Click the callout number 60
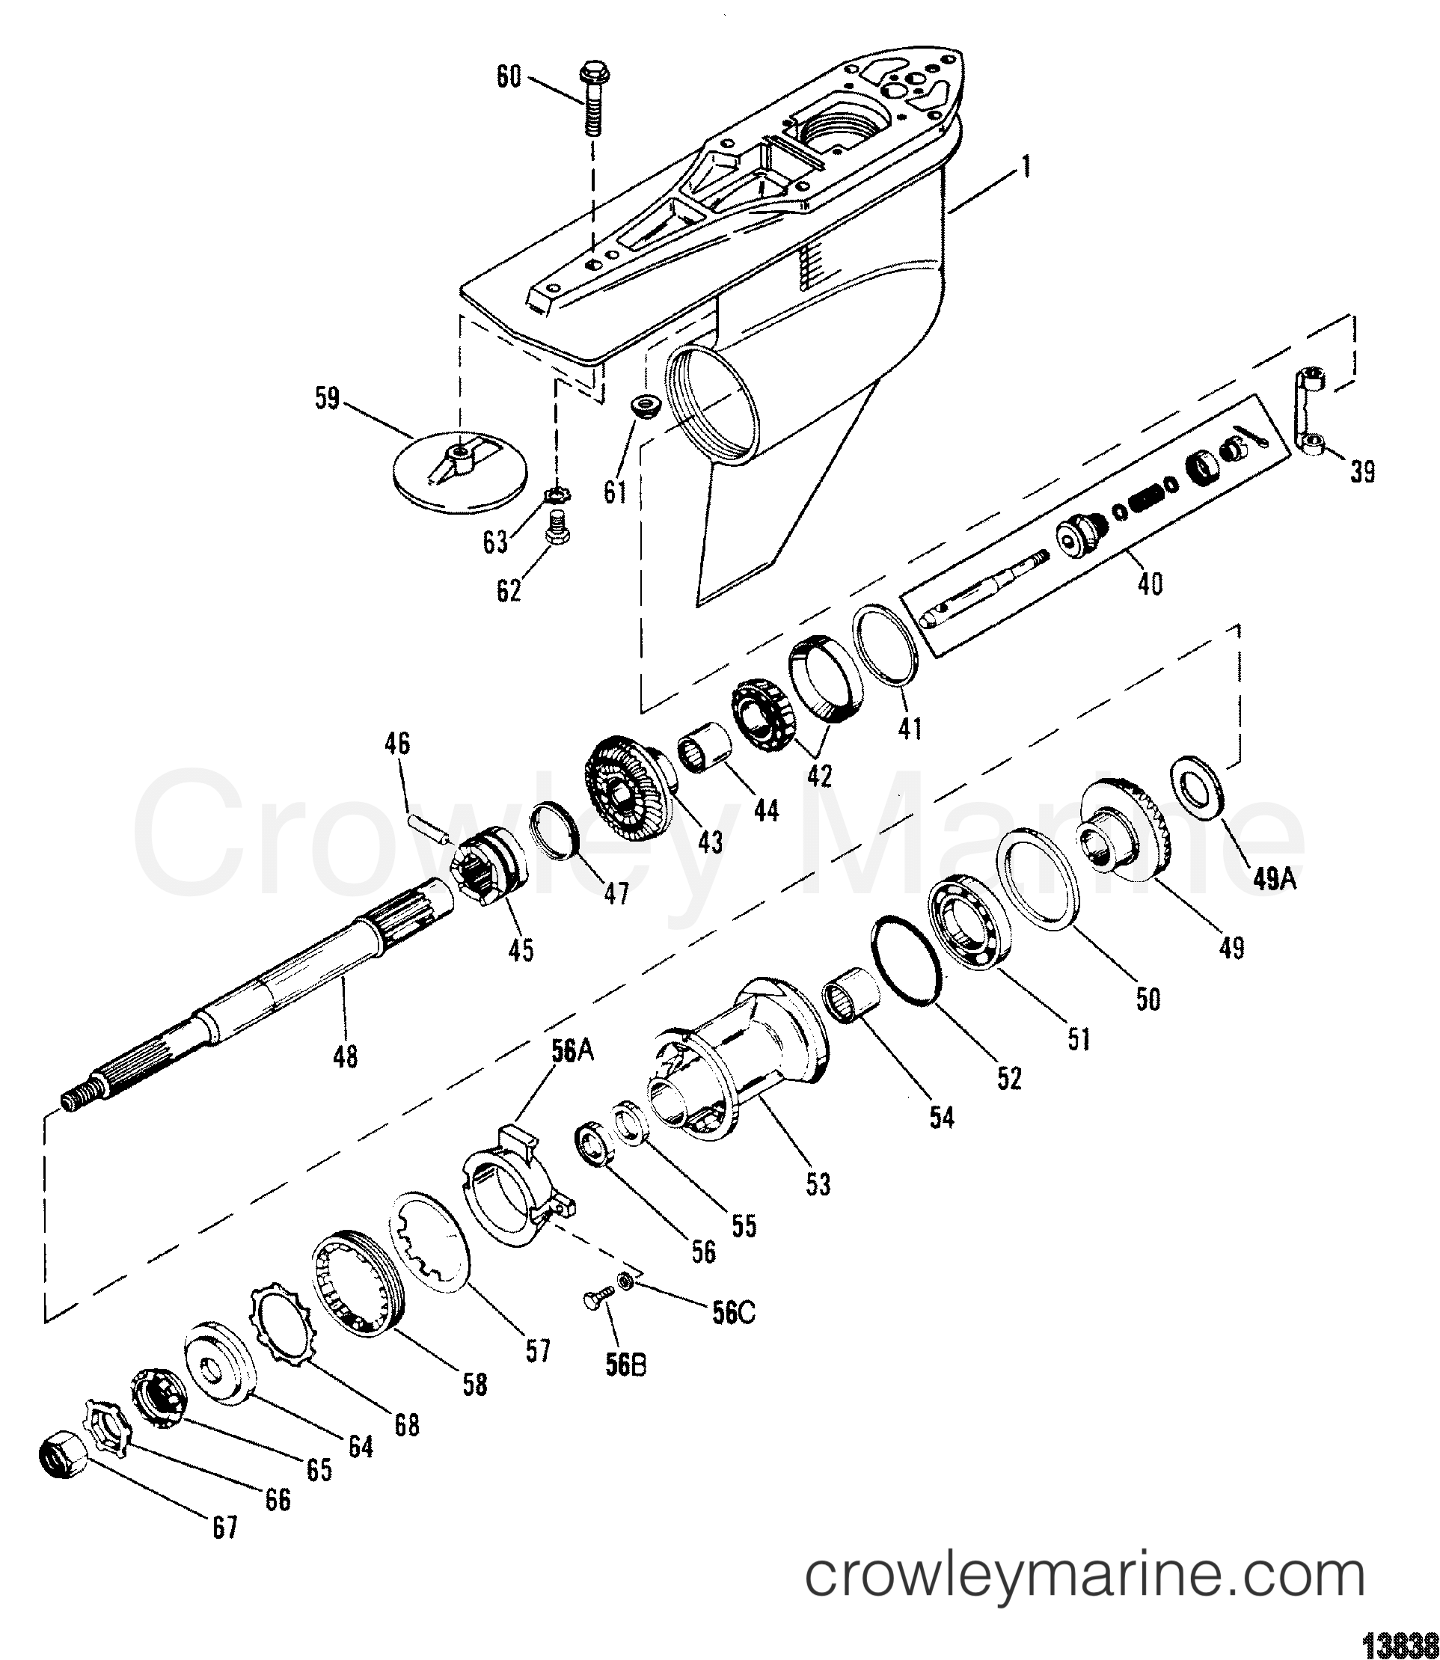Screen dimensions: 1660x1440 coord(509,78)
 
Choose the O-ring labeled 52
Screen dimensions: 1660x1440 coord(906,959)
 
